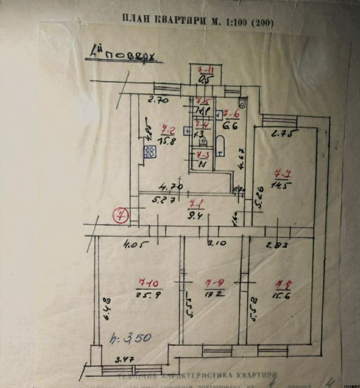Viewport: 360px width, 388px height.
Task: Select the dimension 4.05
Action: tap(133, 244)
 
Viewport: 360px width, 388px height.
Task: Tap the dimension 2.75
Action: tap(285, 135)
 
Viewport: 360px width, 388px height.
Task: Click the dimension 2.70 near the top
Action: tap(157, 100)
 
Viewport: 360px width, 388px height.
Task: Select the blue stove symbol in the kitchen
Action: tap(149, 152)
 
